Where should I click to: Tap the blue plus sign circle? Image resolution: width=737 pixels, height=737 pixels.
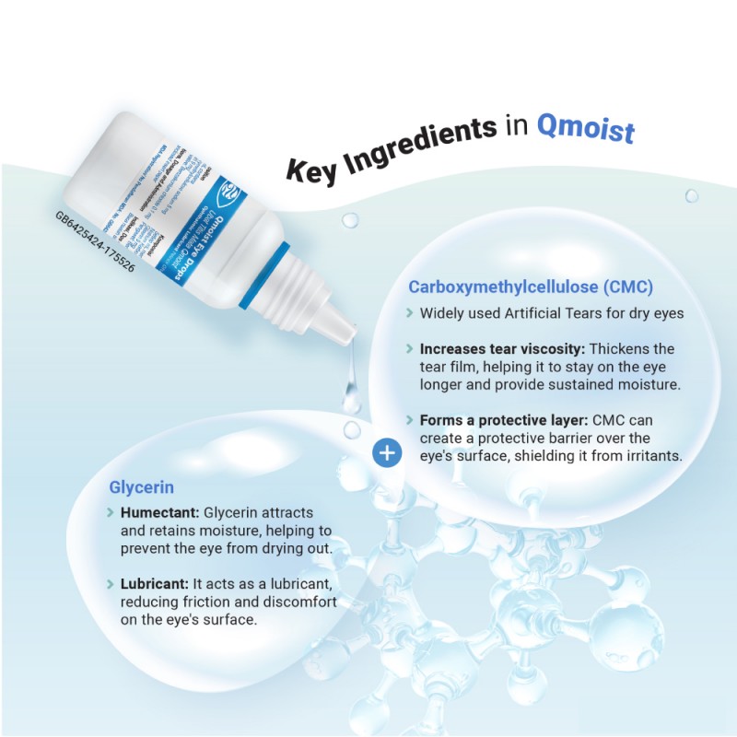388,452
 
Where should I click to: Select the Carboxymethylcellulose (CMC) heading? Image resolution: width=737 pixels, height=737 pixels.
532,287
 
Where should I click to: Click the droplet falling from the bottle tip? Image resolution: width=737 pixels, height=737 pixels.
351,395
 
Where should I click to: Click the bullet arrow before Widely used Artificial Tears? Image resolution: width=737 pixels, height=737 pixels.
409,313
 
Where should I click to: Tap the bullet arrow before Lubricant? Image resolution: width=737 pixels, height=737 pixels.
111,584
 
